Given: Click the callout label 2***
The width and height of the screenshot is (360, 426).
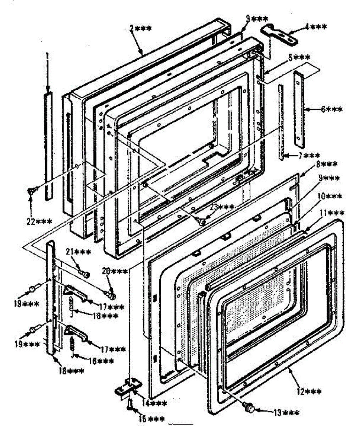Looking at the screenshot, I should [140, 29].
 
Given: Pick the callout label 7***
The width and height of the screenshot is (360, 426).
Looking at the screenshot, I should [308, 155].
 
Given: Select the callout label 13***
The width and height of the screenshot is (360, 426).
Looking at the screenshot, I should [286, 413].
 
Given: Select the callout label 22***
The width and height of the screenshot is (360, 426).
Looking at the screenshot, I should [40, 221].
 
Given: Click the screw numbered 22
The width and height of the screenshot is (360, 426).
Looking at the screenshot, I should [31, 191].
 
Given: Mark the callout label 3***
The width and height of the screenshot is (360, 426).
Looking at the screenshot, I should [257, 18].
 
